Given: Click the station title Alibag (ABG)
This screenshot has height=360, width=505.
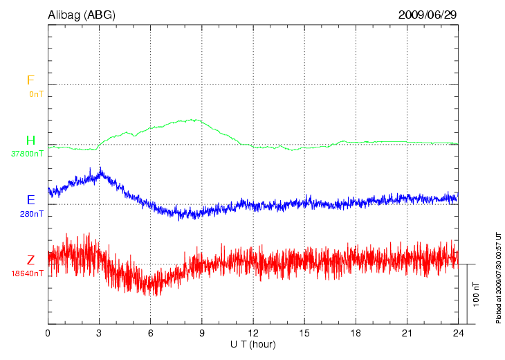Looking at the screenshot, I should coord(80,15).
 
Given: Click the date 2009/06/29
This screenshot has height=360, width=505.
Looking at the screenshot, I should coord(428,15).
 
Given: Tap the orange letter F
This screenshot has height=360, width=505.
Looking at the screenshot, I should coord(30,80).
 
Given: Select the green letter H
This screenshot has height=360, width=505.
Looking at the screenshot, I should coord(30,141).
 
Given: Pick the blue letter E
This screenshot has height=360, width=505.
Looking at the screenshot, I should coord(30,200).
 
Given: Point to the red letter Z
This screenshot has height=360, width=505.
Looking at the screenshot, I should coord(30,260).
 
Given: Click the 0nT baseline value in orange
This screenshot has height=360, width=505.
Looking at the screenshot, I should coord(35,93).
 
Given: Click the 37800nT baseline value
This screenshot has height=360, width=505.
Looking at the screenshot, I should coord(28,154).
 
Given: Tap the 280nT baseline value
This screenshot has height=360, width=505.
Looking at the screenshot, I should coord(32,214).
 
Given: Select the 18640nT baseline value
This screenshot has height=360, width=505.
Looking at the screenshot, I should coord(28,273).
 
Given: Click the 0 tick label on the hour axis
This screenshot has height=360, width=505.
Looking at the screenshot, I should coord(48,333).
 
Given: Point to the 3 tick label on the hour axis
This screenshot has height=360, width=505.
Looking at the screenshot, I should coord(100,333).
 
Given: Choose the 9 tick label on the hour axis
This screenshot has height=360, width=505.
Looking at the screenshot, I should coord(202,333).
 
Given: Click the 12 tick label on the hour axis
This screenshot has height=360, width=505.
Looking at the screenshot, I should coord(253,333).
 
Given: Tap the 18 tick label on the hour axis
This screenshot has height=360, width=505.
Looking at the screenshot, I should coord(356,333).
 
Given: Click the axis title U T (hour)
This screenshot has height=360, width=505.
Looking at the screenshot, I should coord(253,344).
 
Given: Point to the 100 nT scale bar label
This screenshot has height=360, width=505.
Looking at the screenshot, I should coord(476,294).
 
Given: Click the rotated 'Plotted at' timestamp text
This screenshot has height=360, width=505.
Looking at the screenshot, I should coord(498,277).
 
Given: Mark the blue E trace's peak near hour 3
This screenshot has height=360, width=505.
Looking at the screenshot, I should coord(101,168).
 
